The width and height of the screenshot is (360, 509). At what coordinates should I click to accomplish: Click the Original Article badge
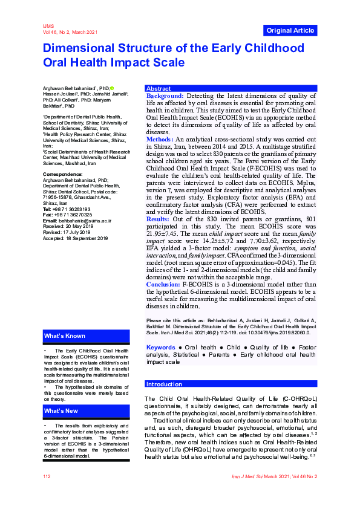pyautogui.click(x=290, y=30)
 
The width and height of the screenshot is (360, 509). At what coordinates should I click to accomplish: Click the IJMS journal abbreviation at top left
pyautogui.click(x=48, y=27)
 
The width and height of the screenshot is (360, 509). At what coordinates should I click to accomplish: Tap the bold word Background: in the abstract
pyautogui.click(x=165, y=96)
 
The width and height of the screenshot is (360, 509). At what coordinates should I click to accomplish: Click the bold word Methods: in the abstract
pyautogui.click(x=160, y=139)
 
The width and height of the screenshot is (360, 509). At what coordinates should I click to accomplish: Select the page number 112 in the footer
pyautogui.click(x=47, y=477)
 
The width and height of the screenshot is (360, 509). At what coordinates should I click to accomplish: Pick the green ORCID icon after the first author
pyautogui.click(x=111, y=88)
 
